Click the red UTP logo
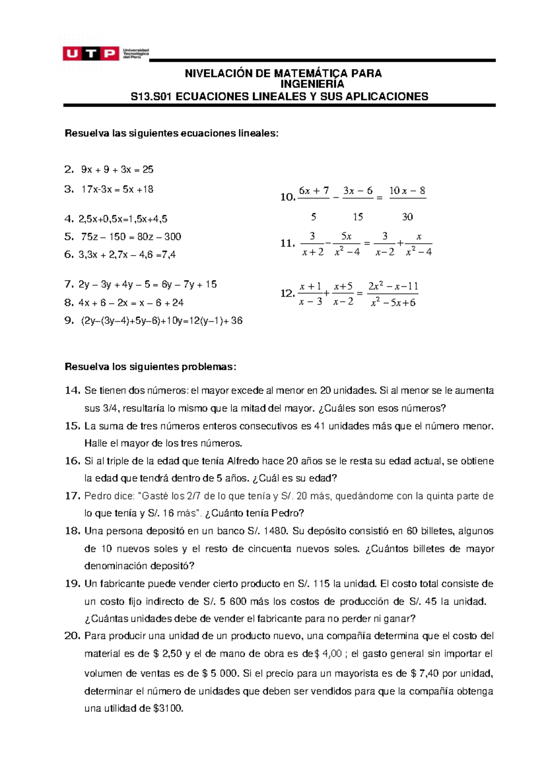[91, 54]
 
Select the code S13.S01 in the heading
[152, 96]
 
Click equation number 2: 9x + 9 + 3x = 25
[117, 170]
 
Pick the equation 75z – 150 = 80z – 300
[131, 237]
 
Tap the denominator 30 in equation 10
[407, 217]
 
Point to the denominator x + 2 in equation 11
[313, 252]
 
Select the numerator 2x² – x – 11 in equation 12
[393, 286]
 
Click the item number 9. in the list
[69, 321]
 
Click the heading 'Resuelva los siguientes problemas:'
[151, 367]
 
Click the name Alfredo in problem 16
[243, 461]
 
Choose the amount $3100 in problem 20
[168, 708]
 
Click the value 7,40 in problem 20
[430, 673]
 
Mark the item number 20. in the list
[72, 636]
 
